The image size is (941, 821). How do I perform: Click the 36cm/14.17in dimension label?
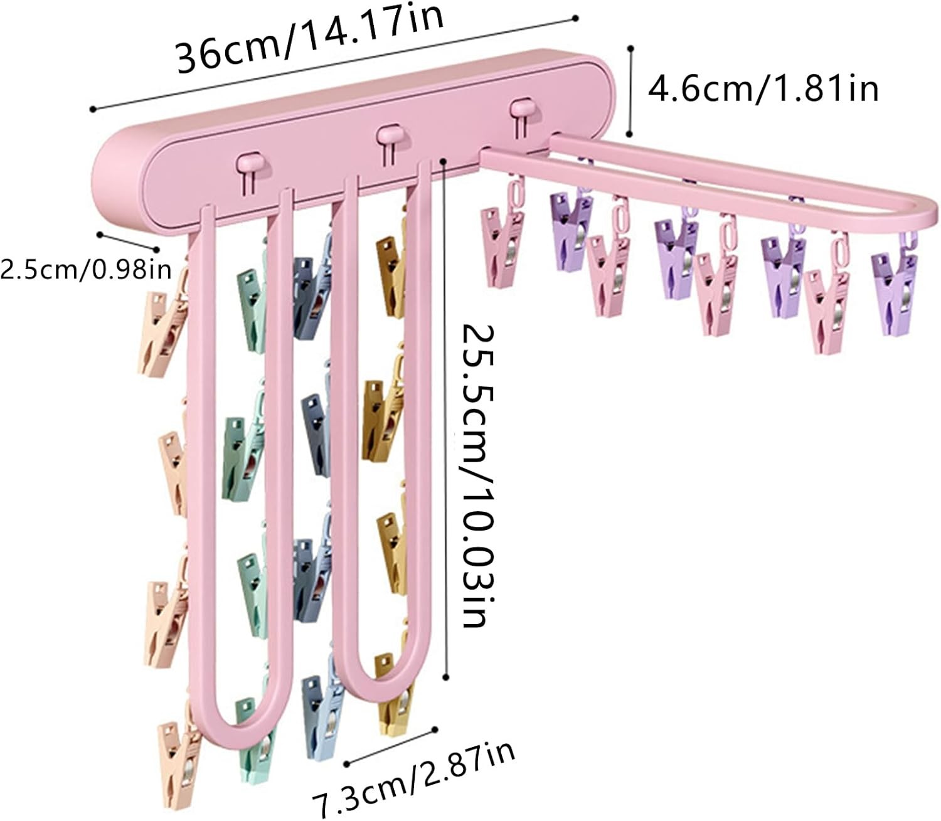pos(311,41)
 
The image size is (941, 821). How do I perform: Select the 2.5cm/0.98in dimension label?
pos(86,270)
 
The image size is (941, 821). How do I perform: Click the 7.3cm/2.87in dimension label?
pos(414,777)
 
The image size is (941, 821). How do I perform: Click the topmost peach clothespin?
pos(161,332)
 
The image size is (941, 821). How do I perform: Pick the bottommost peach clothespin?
pos(179,765)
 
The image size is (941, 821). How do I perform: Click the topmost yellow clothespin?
pos(390,273)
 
